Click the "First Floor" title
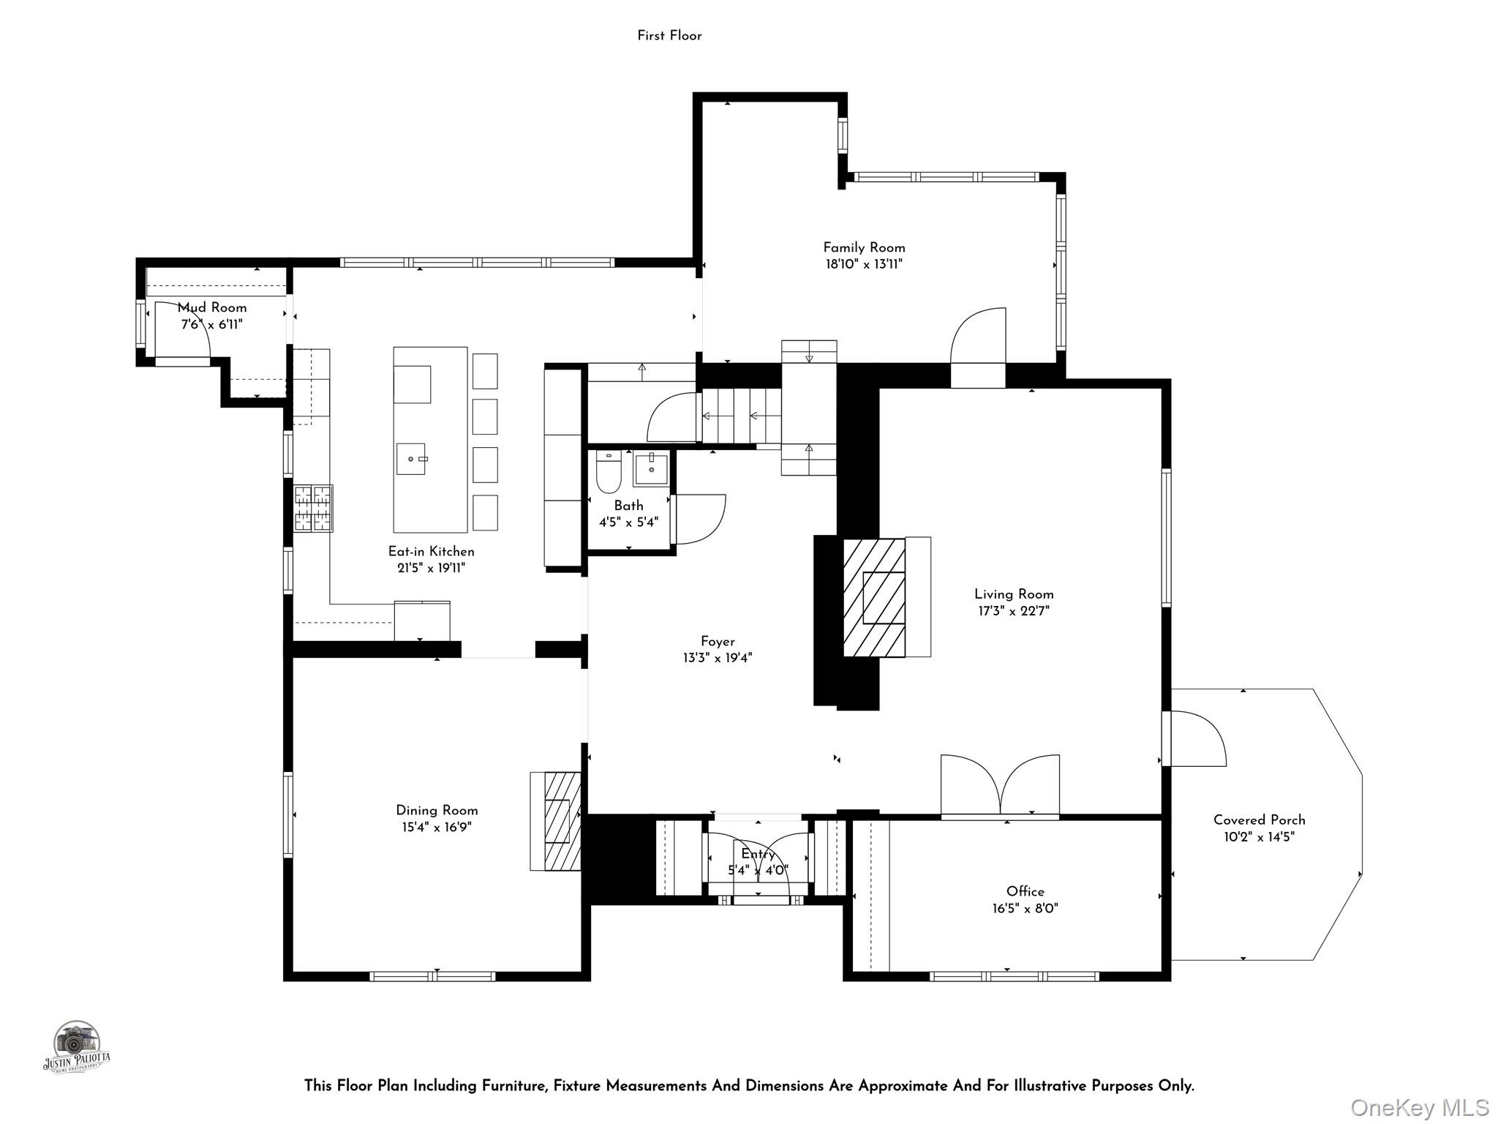click(669, 36)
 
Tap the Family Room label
click(864, 247)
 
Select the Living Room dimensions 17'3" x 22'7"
click(1014, 611)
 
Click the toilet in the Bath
click(609, 471)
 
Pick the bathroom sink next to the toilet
click(650, 469)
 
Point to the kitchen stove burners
click(313, 508)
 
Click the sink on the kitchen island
click(411, 459)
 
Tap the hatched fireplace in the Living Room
click(874, 598)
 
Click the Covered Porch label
click(1259, 820)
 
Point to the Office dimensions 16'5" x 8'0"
click(1025, 909)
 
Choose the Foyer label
click(718, 642)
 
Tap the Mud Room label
click(212, 307)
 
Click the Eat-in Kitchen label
click(431, 551)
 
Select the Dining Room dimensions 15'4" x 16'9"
click(437, 828)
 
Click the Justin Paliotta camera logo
click(76, 1047)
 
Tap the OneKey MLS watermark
click(1420, 1107)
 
